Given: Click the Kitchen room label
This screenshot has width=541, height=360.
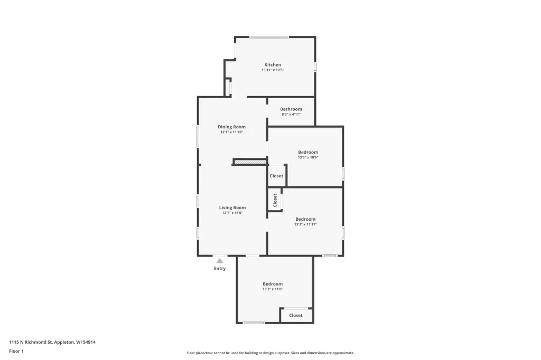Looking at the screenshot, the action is (273, 65).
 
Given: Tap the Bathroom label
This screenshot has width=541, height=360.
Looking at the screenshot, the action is (291, 109).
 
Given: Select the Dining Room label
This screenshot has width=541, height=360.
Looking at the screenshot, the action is (231, 127).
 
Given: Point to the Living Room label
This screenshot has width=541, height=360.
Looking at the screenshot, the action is (232, 207).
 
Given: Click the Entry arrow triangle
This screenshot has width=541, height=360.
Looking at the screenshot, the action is (220, 261).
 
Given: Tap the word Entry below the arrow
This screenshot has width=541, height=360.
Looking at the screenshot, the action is (220, 268).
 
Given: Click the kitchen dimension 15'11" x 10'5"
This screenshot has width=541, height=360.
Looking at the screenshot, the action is (273, 70).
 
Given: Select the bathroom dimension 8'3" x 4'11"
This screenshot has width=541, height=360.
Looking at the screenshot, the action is (291, 114).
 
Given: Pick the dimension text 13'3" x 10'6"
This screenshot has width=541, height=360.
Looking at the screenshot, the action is (308, 157).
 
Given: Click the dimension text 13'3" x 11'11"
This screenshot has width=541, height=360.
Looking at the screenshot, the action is (305, 224).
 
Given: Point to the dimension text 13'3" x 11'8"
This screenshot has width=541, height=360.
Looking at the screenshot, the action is (273, 289).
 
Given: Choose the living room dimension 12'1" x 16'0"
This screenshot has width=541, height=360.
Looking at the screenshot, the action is (232, 213).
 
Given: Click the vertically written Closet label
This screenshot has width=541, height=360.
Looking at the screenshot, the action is (275, 201).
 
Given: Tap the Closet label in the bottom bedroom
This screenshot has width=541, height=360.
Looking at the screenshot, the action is (296, 315).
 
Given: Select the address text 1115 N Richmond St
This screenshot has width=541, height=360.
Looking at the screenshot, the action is (30, 342).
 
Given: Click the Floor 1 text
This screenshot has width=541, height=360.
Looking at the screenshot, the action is (16, 351).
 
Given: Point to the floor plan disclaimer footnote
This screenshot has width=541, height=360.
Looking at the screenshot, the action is (270, 353).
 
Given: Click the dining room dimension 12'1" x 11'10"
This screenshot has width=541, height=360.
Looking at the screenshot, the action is (231, 132).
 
